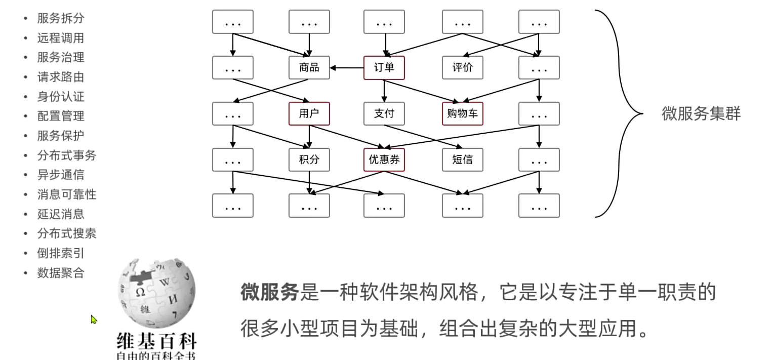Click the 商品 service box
click(x=309, y=68)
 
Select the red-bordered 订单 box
click(x=384, y=68)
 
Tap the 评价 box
click(x=462, y=68)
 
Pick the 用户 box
click(x=309, y=114)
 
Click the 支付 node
click(x=384, y=114)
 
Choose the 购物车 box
click(x=462, y=114)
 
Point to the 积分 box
click(x=309, y=160)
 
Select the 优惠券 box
click(x=384, y=160)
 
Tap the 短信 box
click(x=462, y=160)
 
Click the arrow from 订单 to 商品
click(x=347, y=68)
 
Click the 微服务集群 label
click(x=701, y=114)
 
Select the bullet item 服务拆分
click(x=61, y=19)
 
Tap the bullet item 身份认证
click(x=61, y=97)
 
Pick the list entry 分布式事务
click(x=66, y=155)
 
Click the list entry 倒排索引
click(x=61, y=253)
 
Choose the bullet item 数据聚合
click(x=61, y=273)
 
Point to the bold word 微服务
click(x=270, y=293)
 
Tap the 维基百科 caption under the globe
click(x=156, y=340)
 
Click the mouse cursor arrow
click(x=94, y=319)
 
